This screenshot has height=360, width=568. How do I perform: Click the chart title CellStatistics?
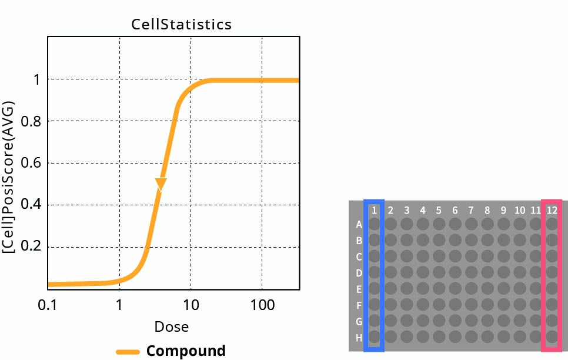tap(181, 25)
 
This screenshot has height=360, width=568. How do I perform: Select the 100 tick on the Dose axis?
tap(262, 305)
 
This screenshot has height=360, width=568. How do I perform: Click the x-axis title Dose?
tap(171, 326)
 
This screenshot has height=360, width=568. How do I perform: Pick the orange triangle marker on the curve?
tap(161, 184)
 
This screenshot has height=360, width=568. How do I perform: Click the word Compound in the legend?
tap(186, 351)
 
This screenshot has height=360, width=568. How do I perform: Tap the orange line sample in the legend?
tap(128, 352)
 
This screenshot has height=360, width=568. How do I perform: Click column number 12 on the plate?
tap(552, 209)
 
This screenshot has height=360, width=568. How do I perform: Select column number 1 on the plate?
tap(374, 209)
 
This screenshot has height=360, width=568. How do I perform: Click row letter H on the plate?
tap(359, 338)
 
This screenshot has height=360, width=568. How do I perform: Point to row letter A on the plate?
tap(359, 224)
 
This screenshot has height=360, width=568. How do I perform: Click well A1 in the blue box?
tap(374, 224)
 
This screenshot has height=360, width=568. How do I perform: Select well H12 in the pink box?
tap(552, 338)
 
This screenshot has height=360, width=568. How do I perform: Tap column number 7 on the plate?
tap(470, 209)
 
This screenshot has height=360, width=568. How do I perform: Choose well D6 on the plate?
tap(455, 273)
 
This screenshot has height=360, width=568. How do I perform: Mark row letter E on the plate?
tap(359, 289)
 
